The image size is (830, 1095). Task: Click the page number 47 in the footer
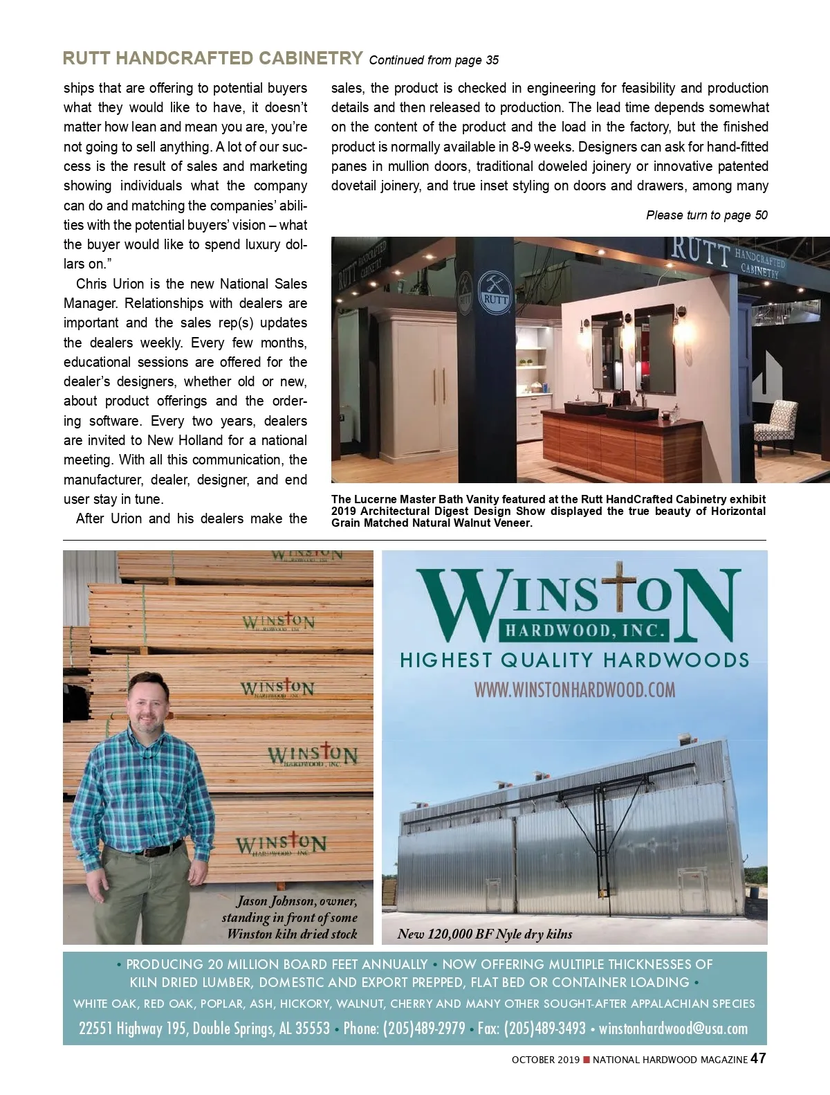[x=759, y=1058]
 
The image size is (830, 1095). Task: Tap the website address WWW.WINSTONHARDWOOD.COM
[x=574, y=690]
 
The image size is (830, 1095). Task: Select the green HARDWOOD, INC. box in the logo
[x=583, y=631]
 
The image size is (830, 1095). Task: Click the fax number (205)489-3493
[x=544, y=1029]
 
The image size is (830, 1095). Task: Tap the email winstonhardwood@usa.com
[x=673, y=1029]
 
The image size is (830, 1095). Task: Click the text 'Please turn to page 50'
[x=706, y=215]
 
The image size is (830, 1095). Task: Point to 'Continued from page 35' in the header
[x=434, y=60]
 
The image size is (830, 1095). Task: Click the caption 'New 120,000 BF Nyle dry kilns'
[x=485, y=934]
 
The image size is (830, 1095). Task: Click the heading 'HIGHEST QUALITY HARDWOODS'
[x=574, y=660]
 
